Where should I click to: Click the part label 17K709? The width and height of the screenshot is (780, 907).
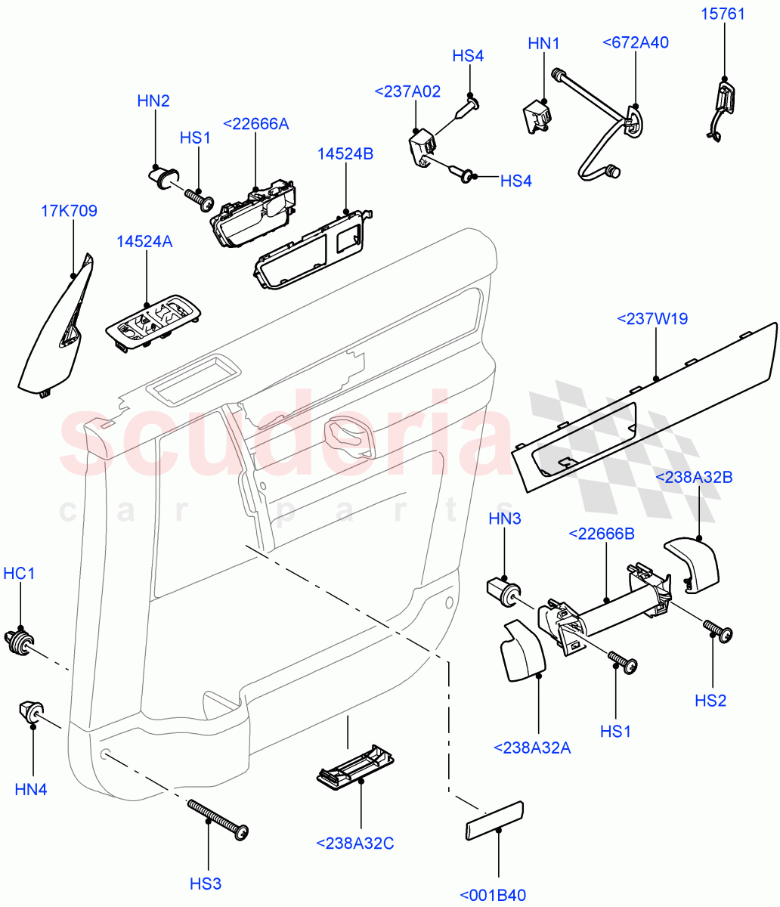tap(69, 211)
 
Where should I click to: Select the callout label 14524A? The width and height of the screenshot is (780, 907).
tap(144, 241)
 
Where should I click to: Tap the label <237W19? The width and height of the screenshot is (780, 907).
tap(652, 318)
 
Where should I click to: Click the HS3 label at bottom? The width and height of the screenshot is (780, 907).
tap(206, 883)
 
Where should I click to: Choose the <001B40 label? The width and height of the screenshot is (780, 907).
tap(493, 896)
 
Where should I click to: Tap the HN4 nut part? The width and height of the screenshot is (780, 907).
tap(29, 713)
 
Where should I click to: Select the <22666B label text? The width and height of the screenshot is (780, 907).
tap(601, 534)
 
